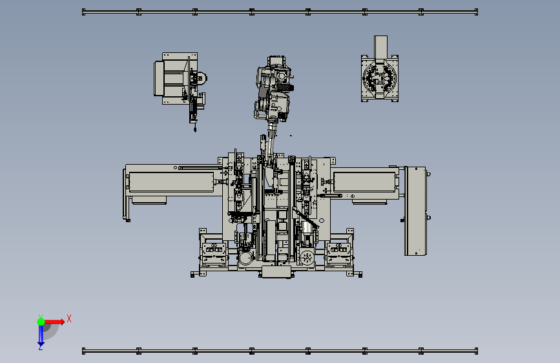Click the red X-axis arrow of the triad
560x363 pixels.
(x=54, y=322)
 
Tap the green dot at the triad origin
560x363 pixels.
(x=41, y=322)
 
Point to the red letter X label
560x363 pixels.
(x=69, y=318)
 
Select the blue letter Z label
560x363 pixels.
(x=40, y=347)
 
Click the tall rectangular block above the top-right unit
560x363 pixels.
(x=380, y=47)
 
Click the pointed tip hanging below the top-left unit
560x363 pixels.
(x=195, y=129)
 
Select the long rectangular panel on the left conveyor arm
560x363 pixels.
(x=171, y=182)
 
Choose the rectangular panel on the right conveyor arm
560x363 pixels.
(x=364, y=182)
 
